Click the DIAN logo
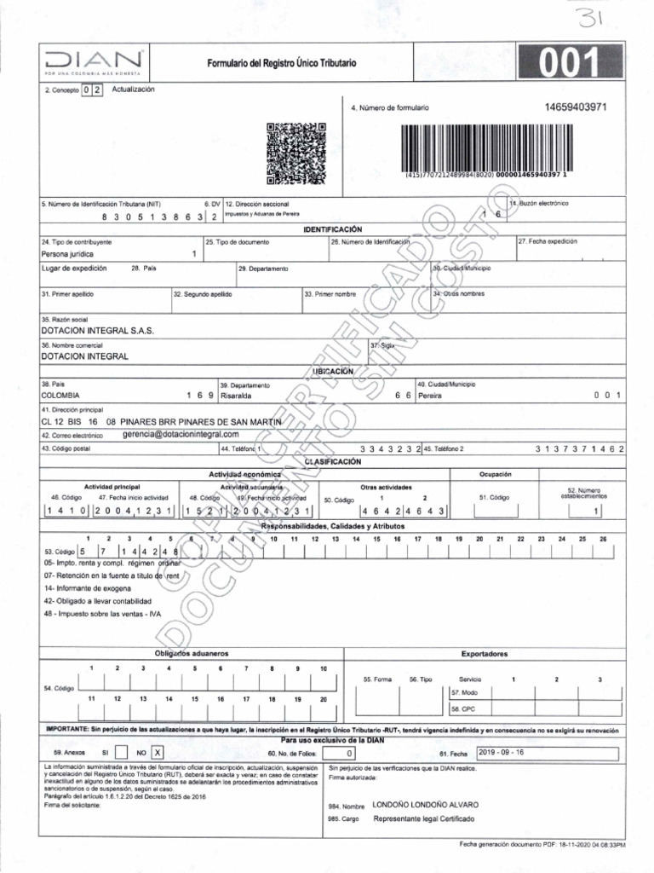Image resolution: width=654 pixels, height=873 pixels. point(95,62)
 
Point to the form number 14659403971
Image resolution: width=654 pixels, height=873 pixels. point(576,107)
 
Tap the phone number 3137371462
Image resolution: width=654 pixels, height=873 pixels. point(580,448)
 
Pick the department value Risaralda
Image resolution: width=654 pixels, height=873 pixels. point(239,396)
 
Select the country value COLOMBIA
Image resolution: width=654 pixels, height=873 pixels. point(60,396)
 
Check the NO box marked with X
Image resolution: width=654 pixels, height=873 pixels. point(157,752)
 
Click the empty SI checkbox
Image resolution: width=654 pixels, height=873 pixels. point(120,752)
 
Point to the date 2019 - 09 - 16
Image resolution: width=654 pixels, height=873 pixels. point(502,752)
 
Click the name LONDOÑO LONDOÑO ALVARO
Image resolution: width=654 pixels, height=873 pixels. point(426,804)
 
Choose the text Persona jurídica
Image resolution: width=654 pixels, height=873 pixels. point(67,254)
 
